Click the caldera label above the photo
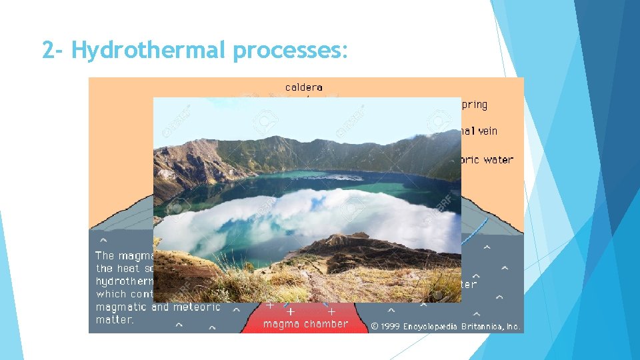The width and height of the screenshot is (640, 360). [x=304, y=87]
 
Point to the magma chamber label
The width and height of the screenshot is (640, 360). [x=305, y=324]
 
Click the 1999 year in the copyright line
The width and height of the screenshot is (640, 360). [x=390, y=327]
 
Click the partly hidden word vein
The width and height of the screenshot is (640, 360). [x=487, y=131]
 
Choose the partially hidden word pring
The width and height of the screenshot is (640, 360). [x=474, y=105]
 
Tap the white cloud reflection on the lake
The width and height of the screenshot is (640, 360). [x=300, y=213]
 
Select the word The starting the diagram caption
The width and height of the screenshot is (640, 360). [x=105, y=255]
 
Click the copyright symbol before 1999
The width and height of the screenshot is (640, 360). [x=375, y=327]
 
